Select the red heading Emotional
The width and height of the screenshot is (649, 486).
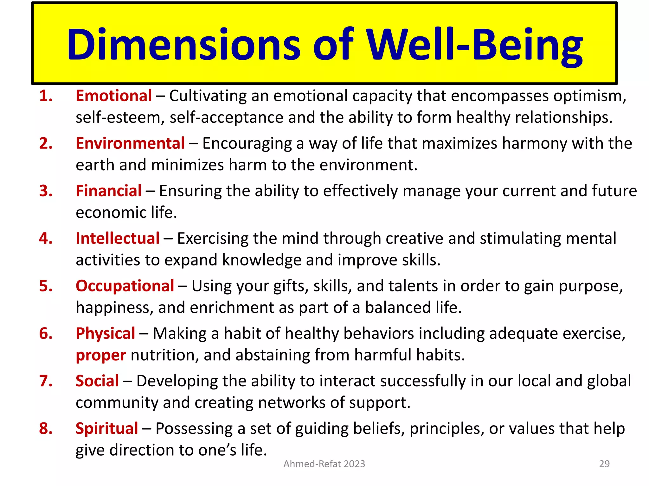tap(114, 96)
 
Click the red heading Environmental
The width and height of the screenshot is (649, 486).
tap(130, 143)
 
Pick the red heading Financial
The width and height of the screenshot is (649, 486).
tap(109, 191)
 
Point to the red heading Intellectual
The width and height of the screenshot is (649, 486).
tap(118, 238)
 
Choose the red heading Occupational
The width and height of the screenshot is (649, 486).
tap(125, 286)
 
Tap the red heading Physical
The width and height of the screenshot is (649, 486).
tap(106, 333)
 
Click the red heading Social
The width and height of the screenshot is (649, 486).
tap(97, 381)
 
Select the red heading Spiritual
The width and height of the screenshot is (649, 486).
tap(107, 428)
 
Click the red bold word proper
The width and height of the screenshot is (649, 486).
tap(101, 355)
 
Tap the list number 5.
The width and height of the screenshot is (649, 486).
tap(46, 286)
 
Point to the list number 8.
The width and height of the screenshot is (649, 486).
tap(46, 428)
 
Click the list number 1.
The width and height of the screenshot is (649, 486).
tap(46, 96)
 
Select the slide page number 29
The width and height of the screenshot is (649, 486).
tap(604, 464)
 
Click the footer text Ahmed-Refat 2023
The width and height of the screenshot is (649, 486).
tap(324, 464)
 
